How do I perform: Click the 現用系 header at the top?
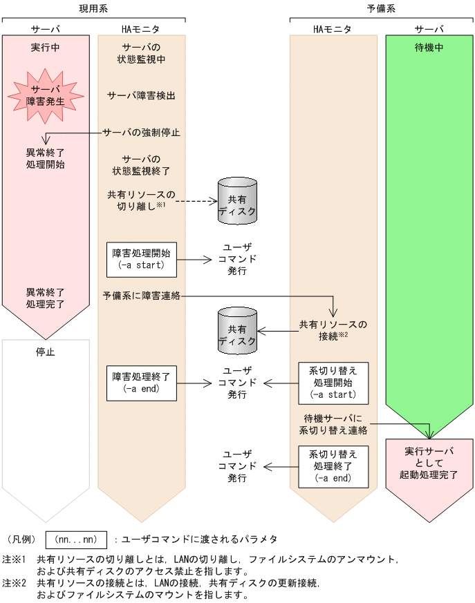[93, 9]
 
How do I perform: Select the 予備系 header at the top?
[381, 9]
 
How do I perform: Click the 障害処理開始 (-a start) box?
[141, 258]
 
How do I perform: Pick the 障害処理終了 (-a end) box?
[141, 382]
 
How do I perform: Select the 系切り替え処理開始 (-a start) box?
[333, 383]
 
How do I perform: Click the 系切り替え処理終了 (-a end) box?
[333, 466]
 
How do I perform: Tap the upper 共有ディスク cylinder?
[237, 200]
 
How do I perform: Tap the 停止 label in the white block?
[45, 352]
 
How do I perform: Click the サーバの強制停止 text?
[142, 132]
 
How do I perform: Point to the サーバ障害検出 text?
[141, 95]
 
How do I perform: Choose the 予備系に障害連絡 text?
[142, 296]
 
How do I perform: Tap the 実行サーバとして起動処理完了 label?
[429, 463]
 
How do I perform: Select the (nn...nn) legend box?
[75, 539]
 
